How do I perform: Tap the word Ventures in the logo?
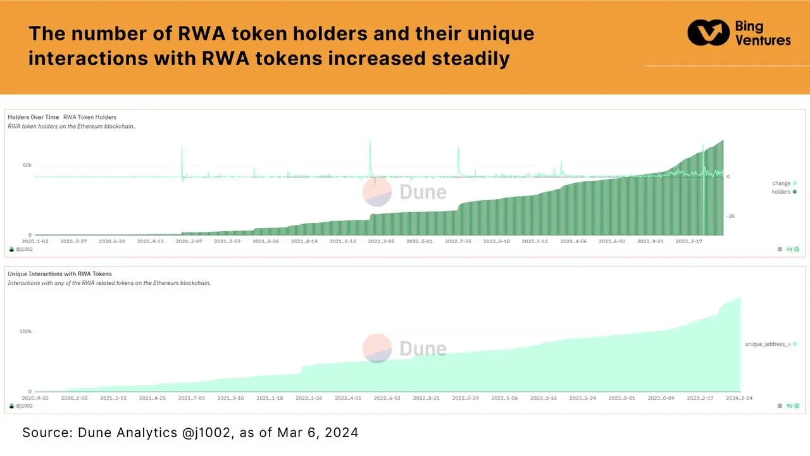click(763, 40)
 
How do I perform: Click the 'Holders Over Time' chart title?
click(34, 117)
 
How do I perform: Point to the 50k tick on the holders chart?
click(27, 165)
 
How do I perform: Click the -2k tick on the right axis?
click(730, 216)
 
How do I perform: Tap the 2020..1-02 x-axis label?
click(35, 241)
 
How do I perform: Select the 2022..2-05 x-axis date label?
click(382, 241)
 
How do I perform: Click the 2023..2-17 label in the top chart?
click(689, 241)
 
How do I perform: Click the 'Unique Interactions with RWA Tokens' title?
click(59, 274)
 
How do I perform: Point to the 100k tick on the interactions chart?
click(25, 331)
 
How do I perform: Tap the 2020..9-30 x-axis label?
click(35, 398)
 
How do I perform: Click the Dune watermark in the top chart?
click(405, 192)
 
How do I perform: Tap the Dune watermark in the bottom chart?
click(405, 348)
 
